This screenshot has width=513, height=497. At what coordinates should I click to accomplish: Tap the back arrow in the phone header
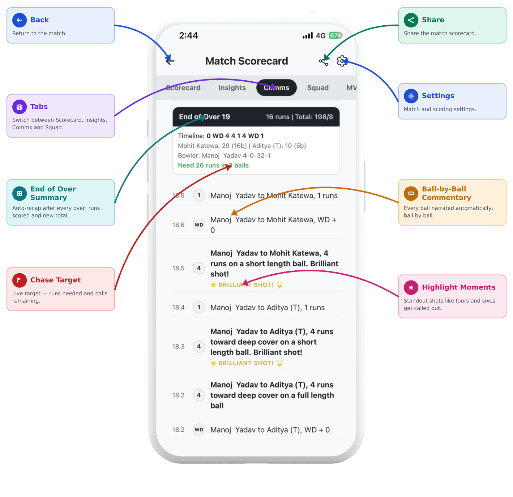tap(170, 61)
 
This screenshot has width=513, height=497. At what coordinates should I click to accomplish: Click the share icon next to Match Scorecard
tap(324, 61)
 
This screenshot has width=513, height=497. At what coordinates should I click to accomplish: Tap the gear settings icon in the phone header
tap(342, 61)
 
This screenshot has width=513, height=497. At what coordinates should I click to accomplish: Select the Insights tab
tap(232, 88)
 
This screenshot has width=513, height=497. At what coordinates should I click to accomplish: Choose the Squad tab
tap(318, 88)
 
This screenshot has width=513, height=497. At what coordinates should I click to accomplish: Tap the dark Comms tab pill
tap(277, 88)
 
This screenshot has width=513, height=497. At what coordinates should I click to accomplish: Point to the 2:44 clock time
tap(188, 35)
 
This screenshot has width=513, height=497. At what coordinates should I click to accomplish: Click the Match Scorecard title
tap(247, 61)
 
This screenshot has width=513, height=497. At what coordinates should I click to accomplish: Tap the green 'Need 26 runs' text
tap(213, 165)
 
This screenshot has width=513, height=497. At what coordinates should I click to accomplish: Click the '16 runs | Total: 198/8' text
tap(299, 117)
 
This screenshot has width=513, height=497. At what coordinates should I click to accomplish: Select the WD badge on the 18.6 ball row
tap(199, 225)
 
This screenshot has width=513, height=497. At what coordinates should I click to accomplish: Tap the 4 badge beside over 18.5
tap(199, 268)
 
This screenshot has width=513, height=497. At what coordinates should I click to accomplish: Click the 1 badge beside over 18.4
tap(199, 307)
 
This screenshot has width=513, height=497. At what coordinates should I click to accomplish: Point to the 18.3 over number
tap(178, 346)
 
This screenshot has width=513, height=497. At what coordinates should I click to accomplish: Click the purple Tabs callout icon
tap(20, 107)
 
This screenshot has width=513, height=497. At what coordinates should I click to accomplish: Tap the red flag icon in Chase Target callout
tap(20, 280)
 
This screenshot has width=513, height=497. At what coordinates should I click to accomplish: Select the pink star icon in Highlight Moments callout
tap(411, 287)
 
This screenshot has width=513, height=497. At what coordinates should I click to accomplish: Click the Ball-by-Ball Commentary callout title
tap(446, 193)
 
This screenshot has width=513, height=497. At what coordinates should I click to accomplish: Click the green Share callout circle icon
tap(411, 20)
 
